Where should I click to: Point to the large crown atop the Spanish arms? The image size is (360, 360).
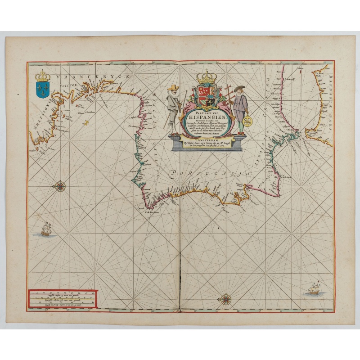tap(207, 77)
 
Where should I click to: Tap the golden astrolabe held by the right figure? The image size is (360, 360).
tap(247, 121)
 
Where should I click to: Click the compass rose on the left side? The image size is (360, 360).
tap(60, 185)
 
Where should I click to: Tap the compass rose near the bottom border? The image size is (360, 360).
tap(225, 298)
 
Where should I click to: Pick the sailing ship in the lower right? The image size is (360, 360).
tap(312, 288)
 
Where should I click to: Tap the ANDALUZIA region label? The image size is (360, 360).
tap(268, 148)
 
